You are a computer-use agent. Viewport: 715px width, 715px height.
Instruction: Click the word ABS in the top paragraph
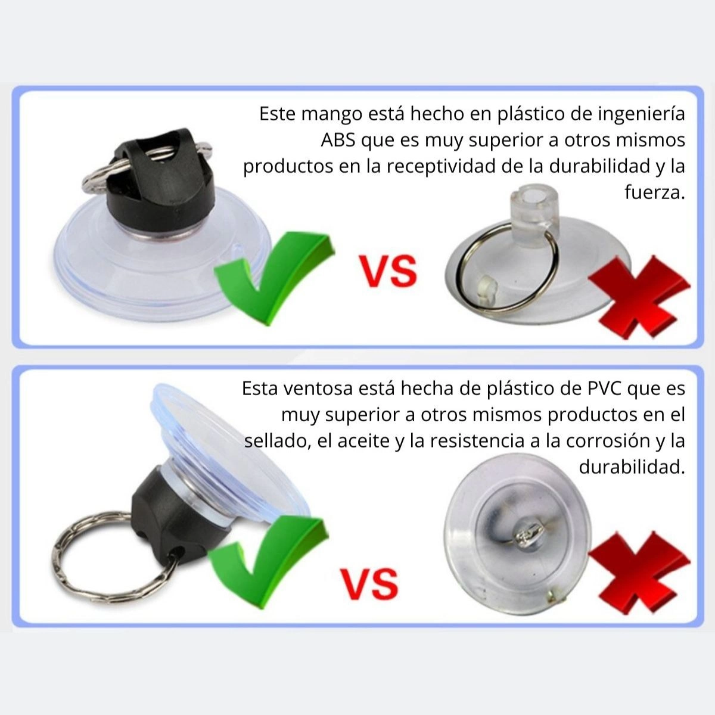pos(338,140)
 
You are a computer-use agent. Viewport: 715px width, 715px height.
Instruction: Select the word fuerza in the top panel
pos(654,192)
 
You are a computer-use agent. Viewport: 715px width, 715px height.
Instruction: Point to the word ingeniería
pos(641,114)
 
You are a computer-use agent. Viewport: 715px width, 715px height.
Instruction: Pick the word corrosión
pos(608,441)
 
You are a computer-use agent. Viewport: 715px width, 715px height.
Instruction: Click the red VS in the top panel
pos(388,271)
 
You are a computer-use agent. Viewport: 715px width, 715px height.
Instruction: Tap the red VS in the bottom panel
pos(369,584)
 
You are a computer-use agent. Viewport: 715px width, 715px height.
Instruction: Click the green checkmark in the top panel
pos(275,278)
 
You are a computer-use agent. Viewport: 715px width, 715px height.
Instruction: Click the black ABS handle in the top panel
pos(161,181)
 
